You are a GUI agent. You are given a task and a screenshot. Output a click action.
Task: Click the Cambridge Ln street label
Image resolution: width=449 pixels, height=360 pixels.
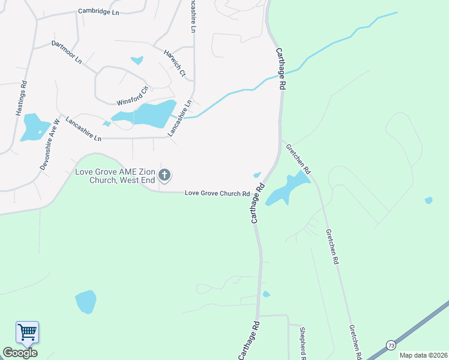click(x=99, y=11)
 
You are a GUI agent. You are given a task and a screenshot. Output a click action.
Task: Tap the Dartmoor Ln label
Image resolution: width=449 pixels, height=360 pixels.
click(x=67, y=52)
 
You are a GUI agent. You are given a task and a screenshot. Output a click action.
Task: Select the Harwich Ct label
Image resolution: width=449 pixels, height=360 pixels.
click(x=175, y=62)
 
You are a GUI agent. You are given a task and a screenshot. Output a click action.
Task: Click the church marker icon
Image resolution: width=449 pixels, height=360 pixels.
click(x=164, y=175)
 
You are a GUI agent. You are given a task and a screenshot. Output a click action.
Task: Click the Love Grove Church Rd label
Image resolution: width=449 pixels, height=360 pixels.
click(x=217, y=193)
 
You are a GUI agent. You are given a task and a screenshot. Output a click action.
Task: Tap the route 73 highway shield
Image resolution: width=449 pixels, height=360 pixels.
click(x=391, y=345)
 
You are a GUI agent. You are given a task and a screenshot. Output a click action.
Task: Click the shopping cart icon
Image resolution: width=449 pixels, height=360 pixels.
click(x=27, y=332)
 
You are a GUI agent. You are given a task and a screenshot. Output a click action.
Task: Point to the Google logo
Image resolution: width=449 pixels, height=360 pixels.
click(x=20, y=353)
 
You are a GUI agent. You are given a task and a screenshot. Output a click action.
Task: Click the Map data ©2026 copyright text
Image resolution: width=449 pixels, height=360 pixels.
click(x=424, y=355)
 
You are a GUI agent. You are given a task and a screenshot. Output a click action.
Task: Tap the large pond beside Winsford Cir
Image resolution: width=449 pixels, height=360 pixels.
click(x=148, y=114)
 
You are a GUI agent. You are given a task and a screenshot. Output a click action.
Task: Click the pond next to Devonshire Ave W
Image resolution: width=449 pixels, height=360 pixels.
click(x=34, y=127)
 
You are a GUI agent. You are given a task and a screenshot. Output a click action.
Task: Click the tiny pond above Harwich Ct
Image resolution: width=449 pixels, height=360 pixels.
click(x=137, y=60)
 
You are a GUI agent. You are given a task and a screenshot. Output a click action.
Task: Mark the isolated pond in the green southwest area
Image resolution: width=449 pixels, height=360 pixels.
click(x=86, y=301)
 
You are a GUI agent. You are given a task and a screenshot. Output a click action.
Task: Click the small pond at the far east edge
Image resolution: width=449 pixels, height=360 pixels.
click(x=428, y=200)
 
